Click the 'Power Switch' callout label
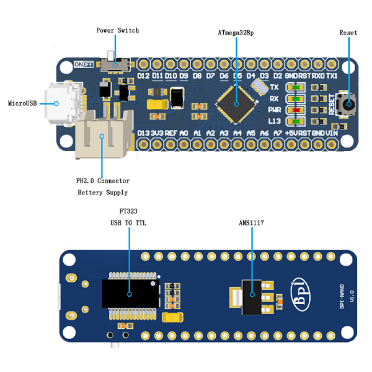coord(117,31)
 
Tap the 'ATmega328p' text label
coord(236,33)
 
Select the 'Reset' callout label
coord(348,33)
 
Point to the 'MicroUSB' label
coord(22,103)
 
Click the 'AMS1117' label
coord(251,223)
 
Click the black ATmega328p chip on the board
coord(236,104)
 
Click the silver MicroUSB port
coord(60,103)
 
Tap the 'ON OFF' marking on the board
coord(84,65)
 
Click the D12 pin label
coord(143,76)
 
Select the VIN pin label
coord(332,133)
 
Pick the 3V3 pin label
coord(157,133)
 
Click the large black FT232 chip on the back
coord(131,293)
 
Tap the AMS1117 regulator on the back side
coord(252,294)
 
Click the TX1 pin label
coord(332,76)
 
